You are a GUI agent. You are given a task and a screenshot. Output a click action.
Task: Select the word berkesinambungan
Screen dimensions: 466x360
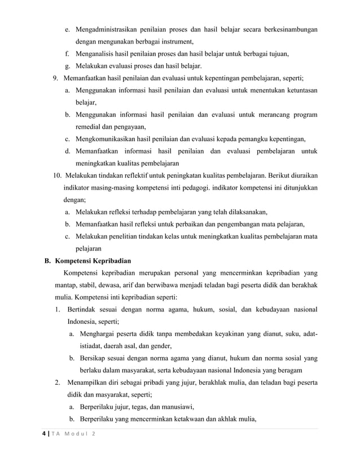[x=287, y=29]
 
